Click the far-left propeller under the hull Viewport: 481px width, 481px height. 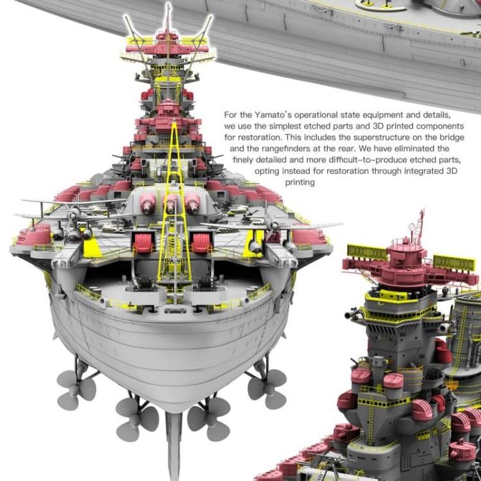tap(76, 389)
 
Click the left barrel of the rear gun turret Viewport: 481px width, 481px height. tap(148, 204)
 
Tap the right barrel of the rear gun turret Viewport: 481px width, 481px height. tap(192, 204)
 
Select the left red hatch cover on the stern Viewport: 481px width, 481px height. tap(143, 243)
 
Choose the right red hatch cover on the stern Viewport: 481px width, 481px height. tap(201, 243)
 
